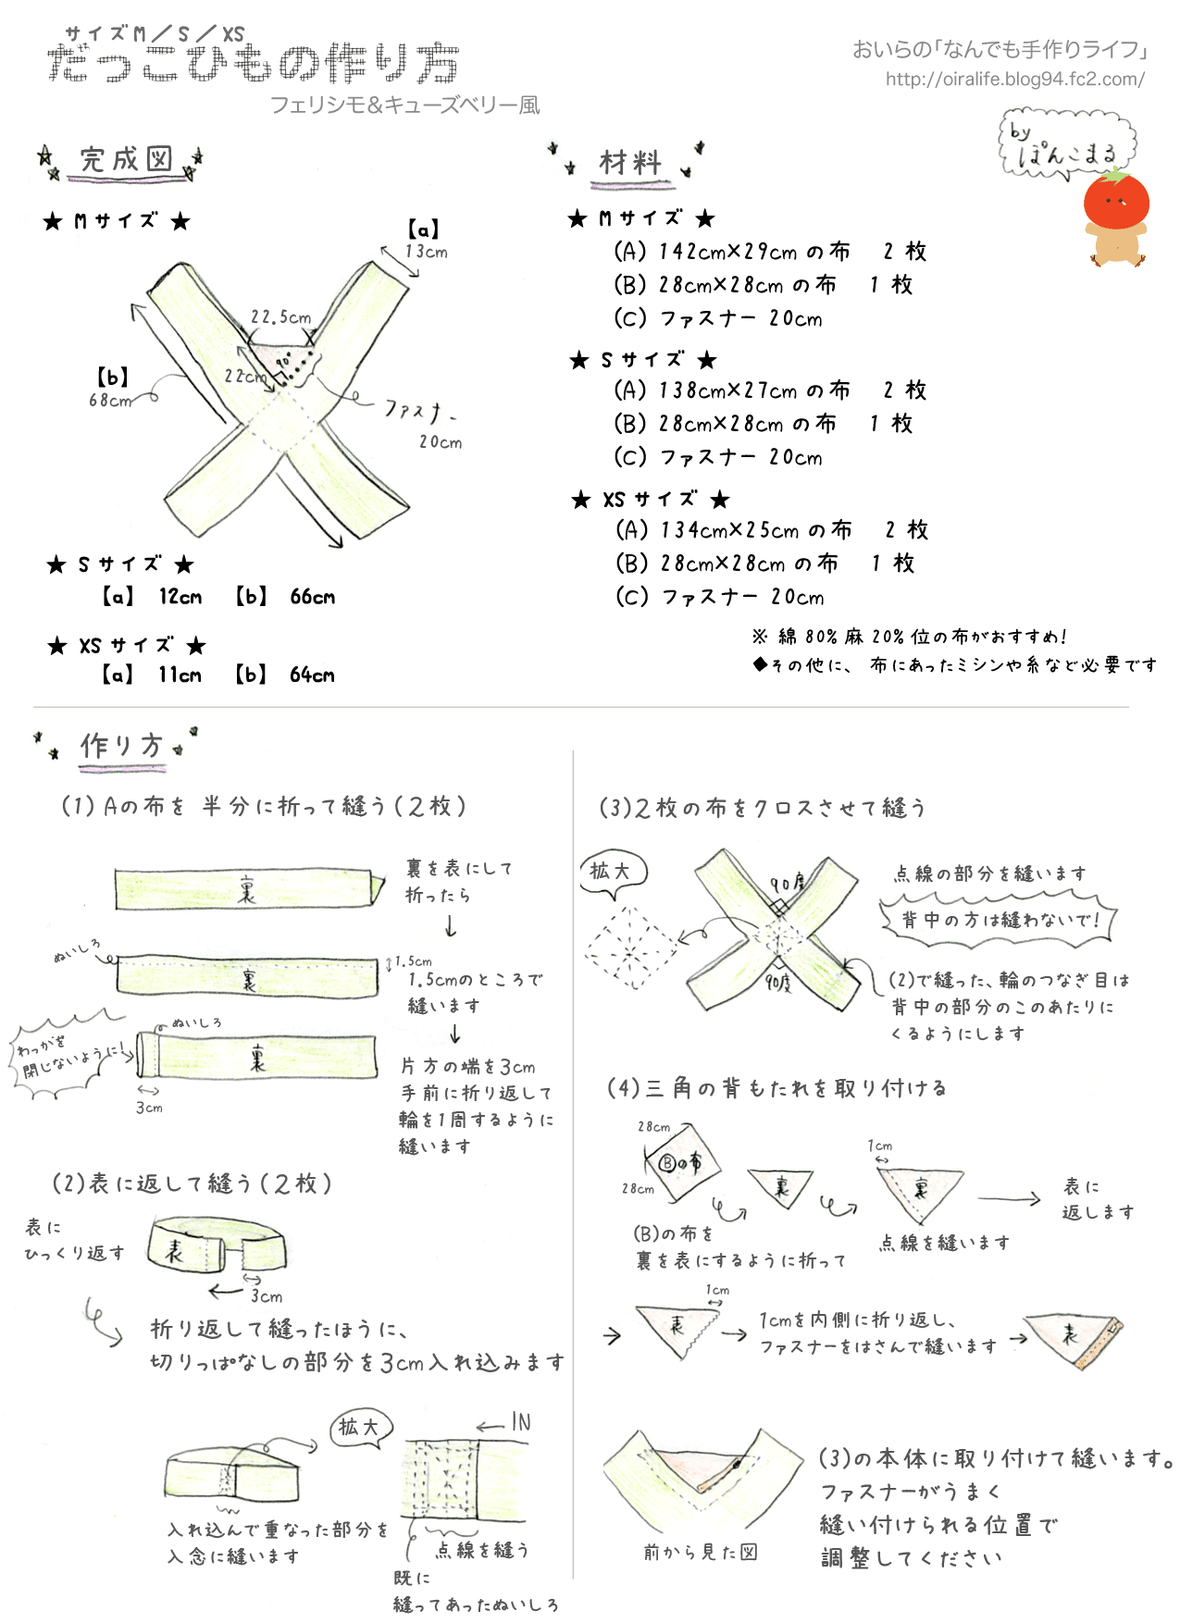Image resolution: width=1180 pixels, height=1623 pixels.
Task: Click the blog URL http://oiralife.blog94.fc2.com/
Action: [x=1014, y=80]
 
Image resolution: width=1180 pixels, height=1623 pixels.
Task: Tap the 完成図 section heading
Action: [x=126, y=160]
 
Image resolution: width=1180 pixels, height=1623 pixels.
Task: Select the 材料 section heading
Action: [x=630, y=163]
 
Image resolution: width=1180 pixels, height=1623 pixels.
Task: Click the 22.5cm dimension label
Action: [x=280, y=317]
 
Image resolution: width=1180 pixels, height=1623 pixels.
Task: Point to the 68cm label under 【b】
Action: [x=110, y=401]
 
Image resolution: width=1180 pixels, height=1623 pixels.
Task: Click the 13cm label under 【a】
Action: [x=426, y=252]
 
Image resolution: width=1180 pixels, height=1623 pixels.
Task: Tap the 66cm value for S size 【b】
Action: [x=313, y=597]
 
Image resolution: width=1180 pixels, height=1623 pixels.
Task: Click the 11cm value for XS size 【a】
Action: [x=180, y=675]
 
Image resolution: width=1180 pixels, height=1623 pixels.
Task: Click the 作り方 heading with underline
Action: [x=122, y=746]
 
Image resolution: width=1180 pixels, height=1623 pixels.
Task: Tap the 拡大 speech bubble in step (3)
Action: [x=611, y=872]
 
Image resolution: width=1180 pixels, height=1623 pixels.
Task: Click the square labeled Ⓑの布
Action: [x=681, y=1163]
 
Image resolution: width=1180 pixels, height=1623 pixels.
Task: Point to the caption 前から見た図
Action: [x=701, y=1552]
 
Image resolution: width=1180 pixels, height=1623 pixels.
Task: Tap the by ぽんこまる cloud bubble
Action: [x=1067, y=145]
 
